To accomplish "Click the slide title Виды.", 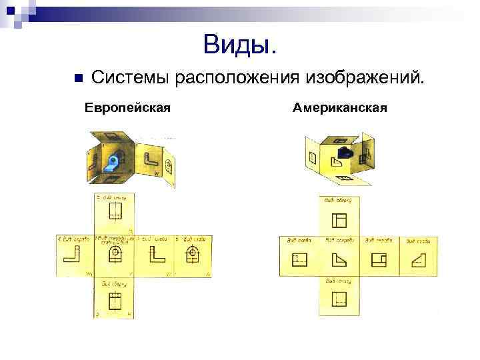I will (239, 45).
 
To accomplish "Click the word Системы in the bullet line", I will (131, 78).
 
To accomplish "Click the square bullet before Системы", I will (78, 78).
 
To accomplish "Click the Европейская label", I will (127, 107).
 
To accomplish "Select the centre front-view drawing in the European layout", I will (115, 255).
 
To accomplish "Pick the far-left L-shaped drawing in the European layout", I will (73, 255).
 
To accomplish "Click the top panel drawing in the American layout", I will (340, 220).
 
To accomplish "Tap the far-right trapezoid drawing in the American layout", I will (418, 259).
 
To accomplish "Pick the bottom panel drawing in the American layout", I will (340, 297).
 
